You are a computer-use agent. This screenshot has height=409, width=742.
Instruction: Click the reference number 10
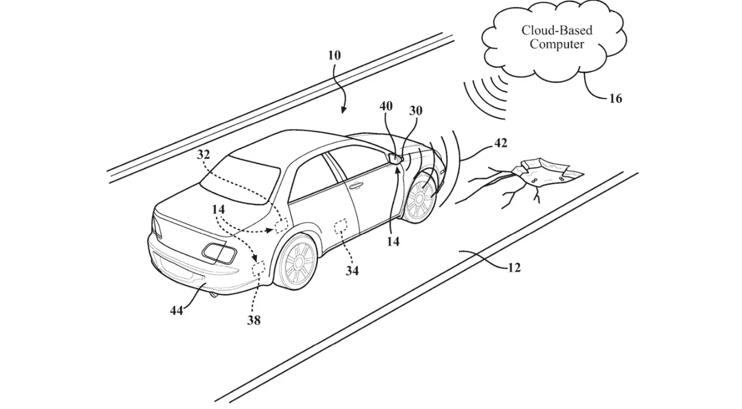point(334,56)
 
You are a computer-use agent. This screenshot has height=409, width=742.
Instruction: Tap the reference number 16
point(615,98)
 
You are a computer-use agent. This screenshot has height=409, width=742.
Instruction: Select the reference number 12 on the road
point(514,268)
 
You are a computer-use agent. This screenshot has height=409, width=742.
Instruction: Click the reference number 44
point(176,311)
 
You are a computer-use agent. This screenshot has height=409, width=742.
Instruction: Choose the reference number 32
point(204,155)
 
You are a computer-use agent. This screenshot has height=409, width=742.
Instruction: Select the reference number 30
point(415,111)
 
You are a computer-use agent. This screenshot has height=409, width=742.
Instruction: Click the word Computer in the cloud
point(557,44)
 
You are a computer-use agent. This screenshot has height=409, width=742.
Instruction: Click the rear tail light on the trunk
point(220,253)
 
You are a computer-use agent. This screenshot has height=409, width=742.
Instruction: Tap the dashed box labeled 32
point(282,225)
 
